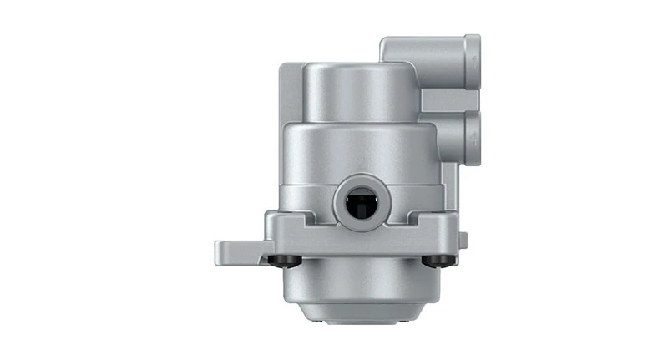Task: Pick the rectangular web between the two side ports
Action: pyautogui.click(x=441, y=100)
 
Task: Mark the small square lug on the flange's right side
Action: pyautogui.click(x=463, y=241)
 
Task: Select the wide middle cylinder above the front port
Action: pyautogui.click(x=359, y=150)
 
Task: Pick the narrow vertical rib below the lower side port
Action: pyautogui.click(x=453, y=188)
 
